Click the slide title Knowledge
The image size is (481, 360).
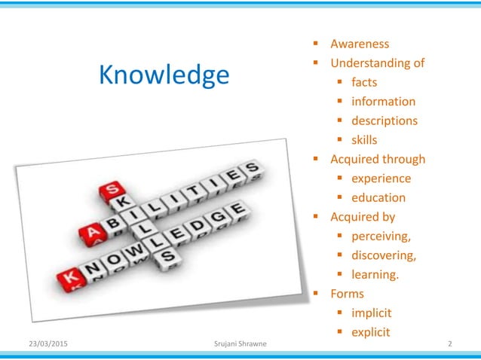point(165,75)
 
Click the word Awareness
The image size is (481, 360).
point(360,44)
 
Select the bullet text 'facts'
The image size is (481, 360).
point(364,82)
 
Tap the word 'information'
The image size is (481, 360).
point(383,102)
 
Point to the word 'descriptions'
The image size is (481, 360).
point(384,121)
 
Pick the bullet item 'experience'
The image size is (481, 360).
point(381,178)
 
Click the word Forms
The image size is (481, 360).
point(348,294)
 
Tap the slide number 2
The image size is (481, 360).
point(450,345)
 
